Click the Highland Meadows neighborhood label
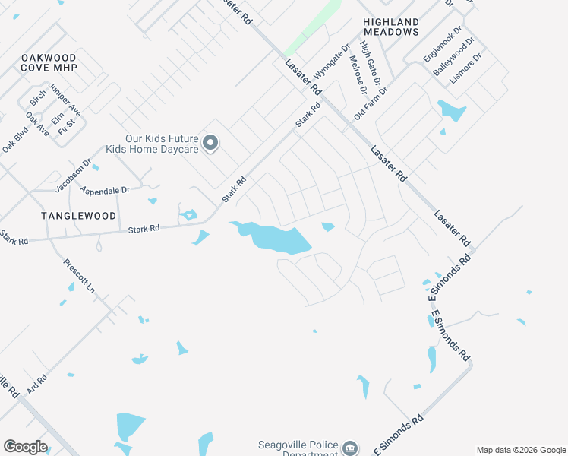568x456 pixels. (x=391, y=27)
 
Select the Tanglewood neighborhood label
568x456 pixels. (x=79, y=216)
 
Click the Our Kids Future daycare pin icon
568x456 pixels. (x=212, y=143)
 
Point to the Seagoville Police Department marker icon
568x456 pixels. (x=349, y=448)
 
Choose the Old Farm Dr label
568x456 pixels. (x=371, y=103)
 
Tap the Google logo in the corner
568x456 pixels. (x=25, y=447)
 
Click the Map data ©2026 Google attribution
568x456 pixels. (x=520, y=450)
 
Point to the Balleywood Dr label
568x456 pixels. (x=453, y=55)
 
